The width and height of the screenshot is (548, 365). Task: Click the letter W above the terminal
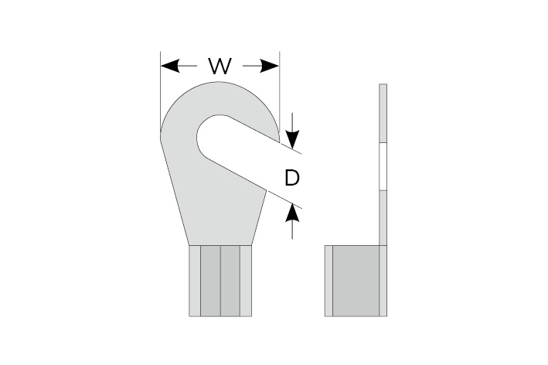point(220,67)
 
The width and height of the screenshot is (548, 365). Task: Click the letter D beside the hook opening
point(291,179)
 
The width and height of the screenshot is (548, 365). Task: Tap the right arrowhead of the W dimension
point(270,67)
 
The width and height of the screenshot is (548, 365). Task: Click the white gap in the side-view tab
point(382,165)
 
